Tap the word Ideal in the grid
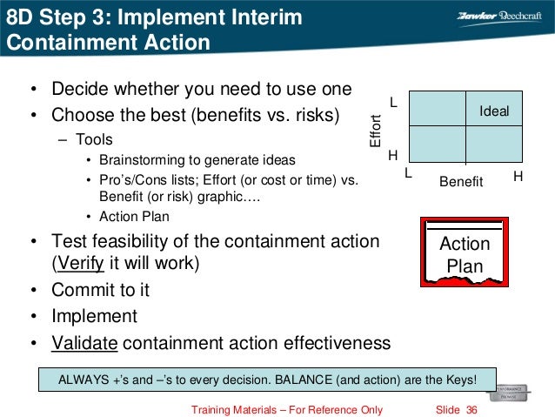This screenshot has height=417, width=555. tap(494, 111)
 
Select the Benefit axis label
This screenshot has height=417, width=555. tap(461, 181)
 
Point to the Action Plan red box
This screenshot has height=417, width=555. tap(465, 252)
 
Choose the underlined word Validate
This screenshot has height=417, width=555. tap(84, 342)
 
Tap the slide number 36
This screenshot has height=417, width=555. tap(472, 409)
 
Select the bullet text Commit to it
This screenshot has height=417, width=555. tap(94, 289)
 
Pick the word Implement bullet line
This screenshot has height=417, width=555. tap(94, 315)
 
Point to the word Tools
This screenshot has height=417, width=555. tap(94, 139)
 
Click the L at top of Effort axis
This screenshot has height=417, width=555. tap(392, 103)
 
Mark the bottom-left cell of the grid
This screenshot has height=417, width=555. tap(437, 144)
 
